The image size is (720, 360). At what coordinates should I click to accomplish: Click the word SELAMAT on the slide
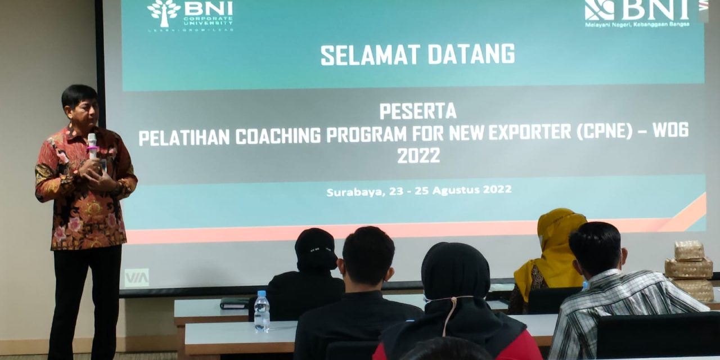(x=370, y=55)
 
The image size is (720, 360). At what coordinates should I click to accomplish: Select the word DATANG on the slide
(x=471, y=54)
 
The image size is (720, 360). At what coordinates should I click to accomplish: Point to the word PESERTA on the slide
(x=417, y=111)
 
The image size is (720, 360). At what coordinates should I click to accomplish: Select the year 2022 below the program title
(x=418, y=156)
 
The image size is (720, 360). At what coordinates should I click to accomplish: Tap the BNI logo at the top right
(x=637, y=11)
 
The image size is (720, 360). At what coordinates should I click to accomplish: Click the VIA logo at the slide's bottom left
(x=137, y=277)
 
